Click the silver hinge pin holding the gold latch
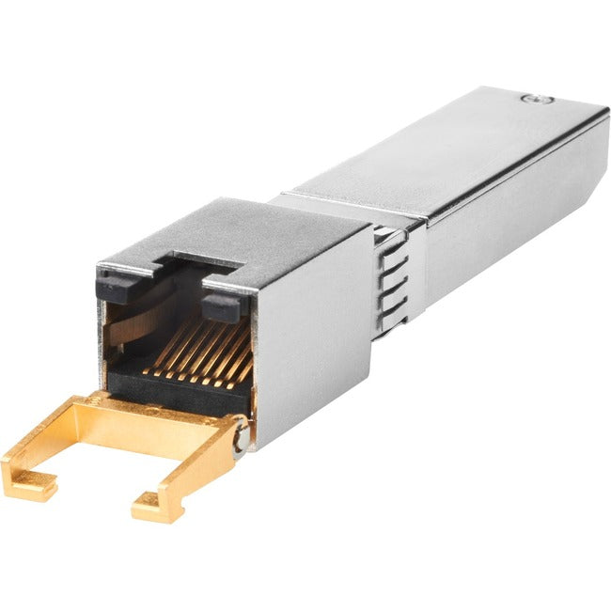[x=242, y=434]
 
